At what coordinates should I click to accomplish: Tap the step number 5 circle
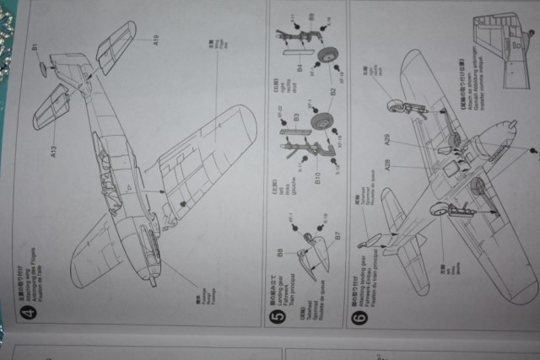tap(280, 318)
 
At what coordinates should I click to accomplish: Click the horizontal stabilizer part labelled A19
tap(116, 46)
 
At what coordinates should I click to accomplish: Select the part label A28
tap(387, 164)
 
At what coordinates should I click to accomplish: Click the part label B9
tap(311, 17)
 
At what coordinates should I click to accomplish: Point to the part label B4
tap(300, 67)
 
